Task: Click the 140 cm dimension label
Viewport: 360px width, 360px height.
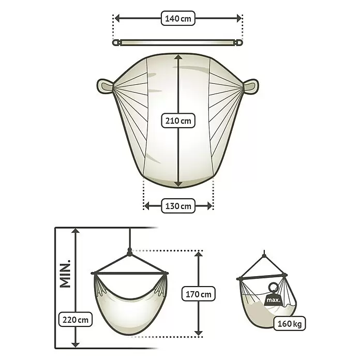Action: point(178,18)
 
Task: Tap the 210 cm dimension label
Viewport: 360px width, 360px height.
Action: point(178,121)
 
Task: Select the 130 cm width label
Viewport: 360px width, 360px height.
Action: point(178,206)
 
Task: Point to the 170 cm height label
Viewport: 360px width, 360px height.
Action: point(199,294)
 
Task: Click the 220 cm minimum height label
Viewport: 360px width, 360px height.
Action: point(76,319)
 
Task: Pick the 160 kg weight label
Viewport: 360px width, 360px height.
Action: point(289,323)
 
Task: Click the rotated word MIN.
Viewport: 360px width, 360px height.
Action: point(65,274)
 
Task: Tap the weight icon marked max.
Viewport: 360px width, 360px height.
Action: point(273,294)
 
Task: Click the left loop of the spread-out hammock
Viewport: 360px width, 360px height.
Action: point(105,86)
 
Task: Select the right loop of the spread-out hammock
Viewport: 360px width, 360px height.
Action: point(251,86)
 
